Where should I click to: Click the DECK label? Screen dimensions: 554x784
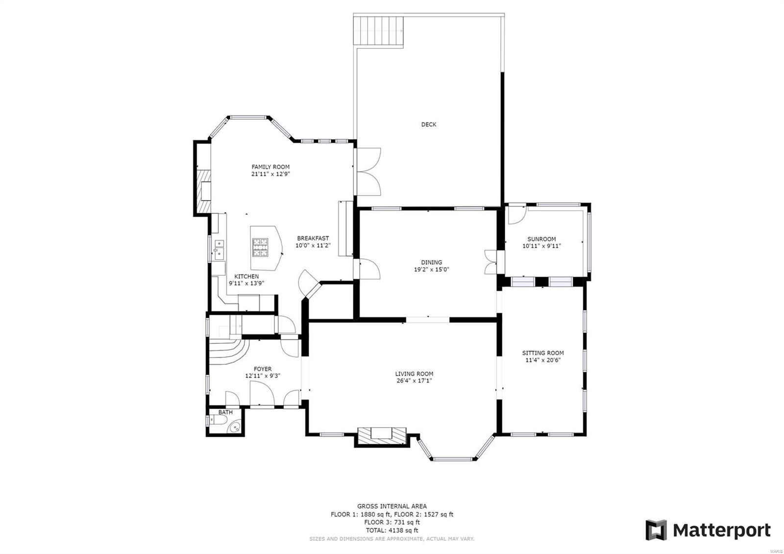(x=429, y=125)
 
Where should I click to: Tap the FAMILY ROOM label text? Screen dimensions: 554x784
(x=270, y=167)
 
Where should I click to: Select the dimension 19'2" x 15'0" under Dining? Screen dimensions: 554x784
(x=431, y=269)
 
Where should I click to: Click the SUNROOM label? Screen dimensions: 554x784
(x=541, y=239)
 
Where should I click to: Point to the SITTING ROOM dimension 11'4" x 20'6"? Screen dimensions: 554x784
(x=542, y=360)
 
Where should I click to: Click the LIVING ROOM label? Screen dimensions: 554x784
(x=414, y=374)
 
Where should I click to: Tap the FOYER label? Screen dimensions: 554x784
(x=263, y=369)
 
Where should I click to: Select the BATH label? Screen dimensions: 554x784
(x=225, y=412)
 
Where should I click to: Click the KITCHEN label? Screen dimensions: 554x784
(x=246, y=277)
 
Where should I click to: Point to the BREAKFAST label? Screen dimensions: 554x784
(x=313, y=238)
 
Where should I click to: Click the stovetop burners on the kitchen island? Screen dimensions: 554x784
(x=260, y=247)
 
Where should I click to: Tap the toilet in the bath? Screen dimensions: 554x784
(x=215, y=421)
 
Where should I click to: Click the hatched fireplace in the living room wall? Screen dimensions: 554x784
(x=382, y=435)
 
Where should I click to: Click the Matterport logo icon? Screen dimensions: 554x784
(x=656, y=530)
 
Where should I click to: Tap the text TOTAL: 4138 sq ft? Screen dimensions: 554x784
(x=392, y=530)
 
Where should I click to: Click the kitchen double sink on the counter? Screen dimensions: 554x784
(x=219, y=249)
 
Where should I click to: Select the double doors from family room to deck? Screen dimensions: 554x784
(x=367, y=172)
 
